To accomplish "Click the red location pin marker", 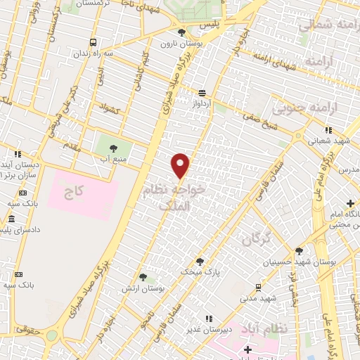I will click(181, 165).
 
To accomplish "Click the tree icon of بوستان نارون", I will click(182, 32).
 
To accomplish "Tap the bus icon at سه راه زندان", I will click(94, 42).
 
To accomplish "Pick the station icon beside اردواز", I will click(202, 93).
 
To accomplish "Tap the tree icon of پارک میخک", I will click(200, 262).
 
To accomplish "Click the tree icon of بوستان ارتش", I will click(143, 278).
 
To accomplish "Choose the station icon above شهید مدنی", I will click(257, 287).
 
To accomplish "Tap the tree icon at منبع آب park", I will click(113, 148).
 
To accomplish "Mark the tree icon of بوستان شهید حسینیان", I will click(299, 251).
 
